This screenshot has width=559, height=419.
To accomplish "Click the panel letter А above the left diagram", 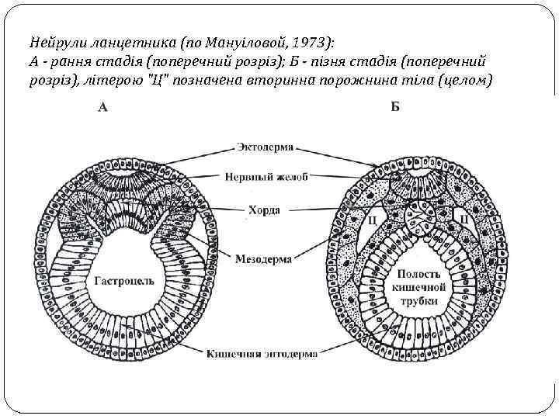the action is point(102,108).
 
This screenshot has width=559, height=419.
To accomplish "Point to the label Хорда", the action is point(266,209).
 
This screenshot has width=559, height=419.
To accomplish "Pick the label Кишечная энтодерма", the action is point(262,355).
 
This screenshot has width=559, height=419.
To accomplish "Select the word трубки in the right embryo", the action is point(419,301).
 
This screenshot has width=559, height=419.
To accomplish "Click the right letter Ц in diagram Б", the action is point(464,220).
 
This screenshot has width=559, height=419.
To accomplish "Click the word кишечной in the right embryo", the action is point(419,288).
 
